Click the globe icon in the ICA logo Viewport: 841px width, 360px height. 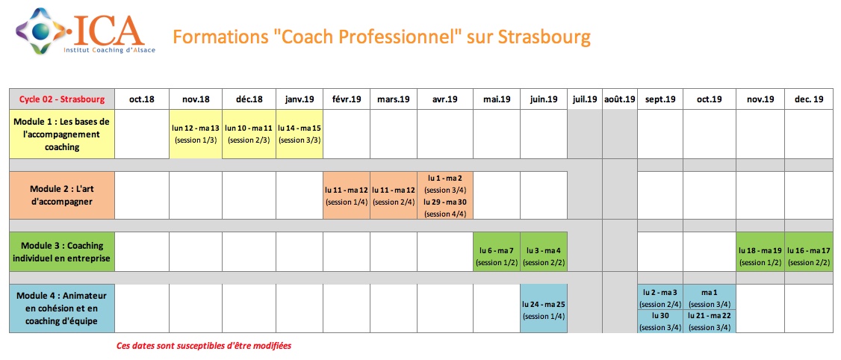point(39,31)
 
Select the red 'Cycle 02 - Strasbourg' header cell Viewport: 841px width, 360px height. point(62,99)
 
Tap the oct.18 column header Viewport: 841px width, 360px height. point(142,99)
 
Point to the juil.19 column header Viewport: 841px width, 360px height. point(585,99)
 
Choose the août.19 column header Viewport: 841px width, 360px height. point(619,99)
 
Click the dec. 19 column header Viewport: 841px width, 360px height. point(810,99)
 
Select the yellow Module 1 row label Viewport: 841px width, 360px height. point(62,134)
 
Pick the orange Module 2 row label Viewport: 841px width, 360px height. point(62,195)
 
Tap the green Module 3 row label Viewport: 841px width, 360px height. point(62,252)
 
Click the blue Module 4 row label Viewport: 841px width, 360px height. point(62,308)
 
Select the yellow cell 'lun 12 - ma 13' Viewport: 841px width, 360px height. point(196,134)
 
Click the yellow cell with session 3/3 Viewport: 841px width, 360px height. point(300,134)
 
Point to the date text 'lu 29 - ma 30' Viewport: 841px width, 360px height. point(445,202)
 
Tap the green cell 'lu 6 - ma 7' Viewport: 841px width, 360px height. point(497,252)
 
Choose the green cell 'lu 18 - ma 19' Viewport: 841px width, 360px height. point(760,252)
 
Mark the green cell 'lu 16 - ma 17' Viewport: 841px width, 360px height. point(810,252)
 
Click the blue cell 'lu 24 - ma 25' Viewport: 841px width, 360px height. point(544,308)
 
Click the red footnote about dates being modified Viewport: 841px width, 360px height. point(205,346)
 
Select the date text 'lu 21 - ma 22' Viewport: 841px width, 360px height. point(710,316)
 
